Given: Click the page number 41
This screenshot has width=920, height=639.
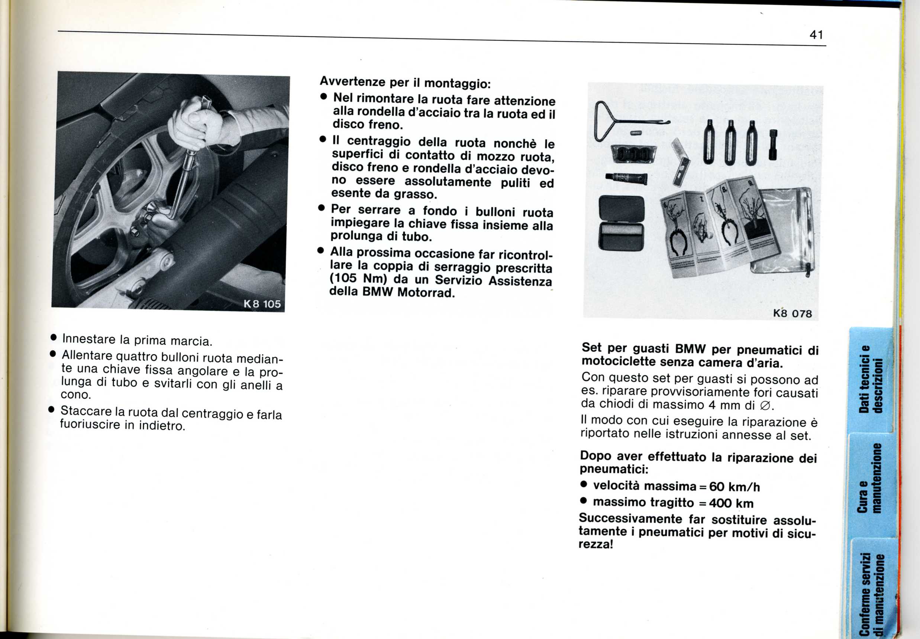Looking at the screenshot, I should click(x=816, y=35).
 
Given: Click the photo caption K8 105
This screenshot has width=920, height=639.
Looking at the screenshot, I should click(x=262, y=304).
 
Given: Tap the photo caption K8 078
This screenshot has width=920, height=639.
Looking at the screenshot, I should click(x=792, y=313).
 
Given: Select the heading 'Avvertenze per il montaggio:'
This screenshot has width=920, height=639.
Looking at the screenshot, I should click(x=405, y=82).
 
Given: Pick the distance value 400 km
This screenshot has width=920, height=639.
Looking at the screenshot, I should click(x=731, y=503).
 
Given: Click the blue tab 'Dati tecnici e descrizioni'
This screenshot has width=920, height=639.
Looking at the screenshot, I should click(x=871, y=378).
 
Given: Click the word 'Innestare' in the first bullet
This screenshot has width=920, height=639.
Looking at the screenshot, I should click(x=88, y=339).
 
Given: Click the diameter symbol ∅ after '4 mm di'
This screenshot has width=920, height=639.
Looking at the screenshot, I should click(x=765, y=406).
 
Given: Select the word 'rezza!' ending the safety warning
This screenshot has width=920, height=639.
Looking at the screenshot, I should click(x=595, y=544).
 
